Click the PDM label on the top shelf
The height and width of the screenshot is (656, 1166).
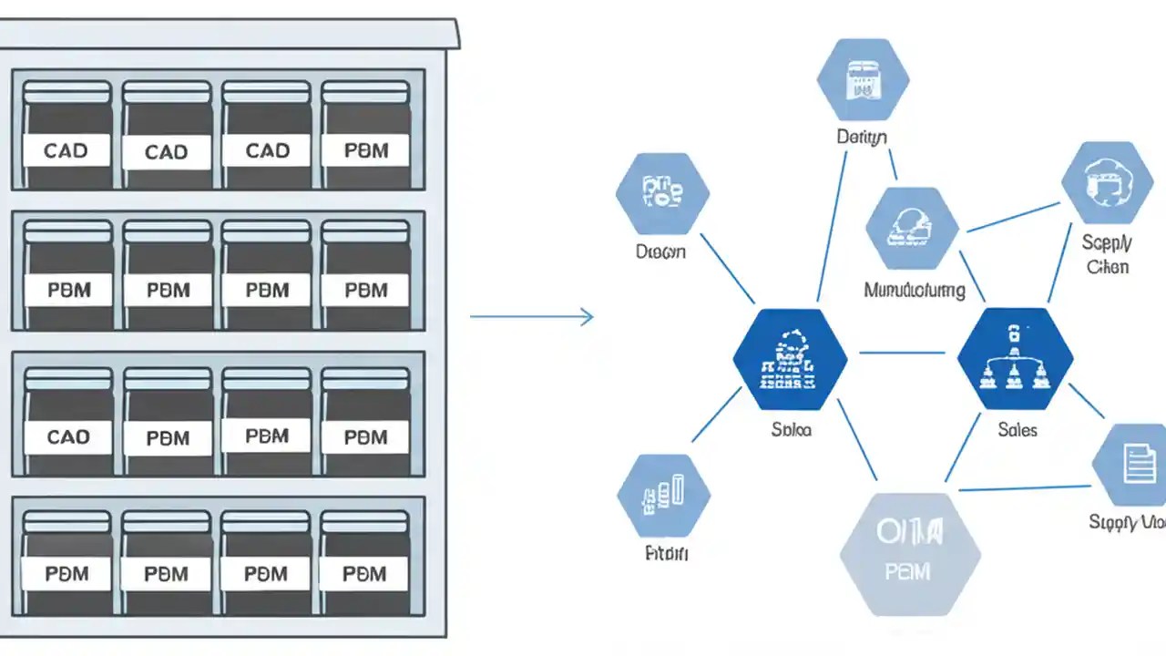pos(365,150)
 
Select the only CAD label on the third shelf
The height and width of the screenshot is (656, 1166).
pos(67,437)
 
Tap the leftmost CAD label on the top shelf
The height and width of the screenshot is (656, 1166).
pos(66,150)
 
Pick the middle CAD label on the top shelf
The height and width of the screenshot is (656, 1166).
pos(167,151)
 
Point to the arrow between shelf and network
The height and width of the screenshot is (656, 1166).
pos(532,317)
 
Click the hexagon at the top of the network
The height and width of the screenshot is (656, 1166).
pos(862,80)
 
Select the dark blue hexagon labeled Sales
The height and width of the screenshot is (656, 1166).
pos(1016,359)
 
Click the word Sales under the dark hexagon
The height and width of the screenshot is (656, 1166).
pos(1018,429)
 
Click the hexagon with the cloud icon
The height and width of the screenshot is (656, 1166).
pos(1106,183)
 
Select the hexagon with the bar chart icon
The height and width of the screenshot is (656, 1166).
pos(663,496)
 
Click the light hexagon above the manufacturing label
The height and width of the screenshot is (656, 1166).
pos(912,229)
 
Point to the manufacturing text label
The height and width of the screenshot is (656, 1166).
pos(914,291)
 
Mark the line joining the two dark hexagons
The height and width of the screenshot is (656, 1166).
pos(902,353)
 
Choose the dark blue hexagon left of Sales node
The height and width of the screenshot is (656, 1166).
pos(790,359)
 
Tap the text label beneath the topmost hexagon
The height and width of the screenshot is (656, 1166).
pos(862,138)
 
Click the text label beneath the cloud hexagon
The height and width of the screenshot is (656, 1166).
pos(1107,254)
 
